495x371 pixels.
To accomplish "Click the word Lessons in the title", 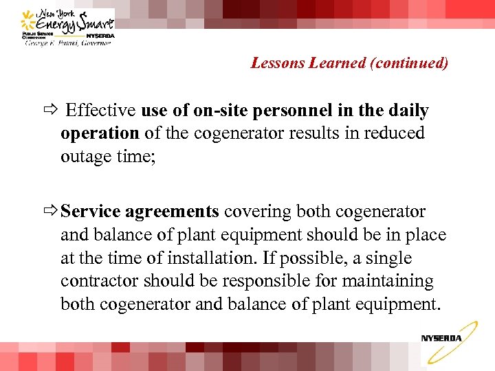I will [x=274, y=63].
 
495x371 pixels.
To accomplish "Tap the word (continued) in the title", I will [x=409, y=63].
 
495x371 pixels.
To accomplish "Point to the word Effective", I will [x=101, y=111].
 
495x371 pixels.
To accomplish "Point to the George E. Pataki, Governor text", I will [x=69, y=43].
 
